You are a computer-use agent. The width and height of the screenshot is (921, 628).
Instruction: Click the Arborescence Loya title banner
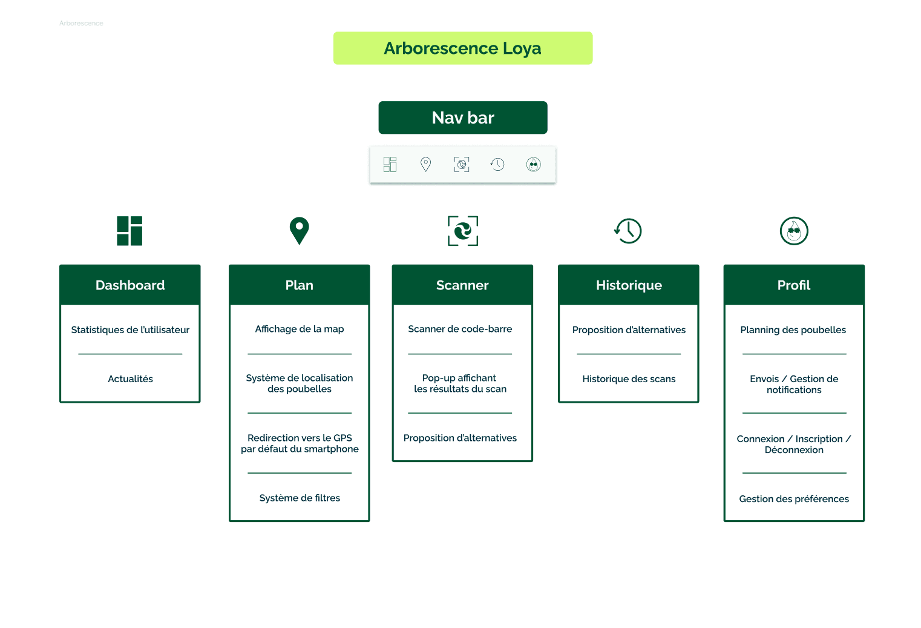[x=462, y=48]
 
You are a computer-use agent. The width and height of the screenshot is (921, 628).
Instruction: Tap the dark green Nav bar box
[x=463, y=117]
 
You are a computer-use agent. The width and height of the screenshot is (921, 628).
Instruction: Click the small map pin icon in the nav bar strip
[x=426, y=164]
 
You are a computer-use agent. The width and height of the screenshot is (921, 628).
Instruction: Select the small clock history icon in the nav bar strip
[x=497, y=164]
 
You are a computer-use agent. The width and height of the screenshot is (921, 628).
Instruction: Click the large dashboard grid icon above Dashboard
[x=129, y=231]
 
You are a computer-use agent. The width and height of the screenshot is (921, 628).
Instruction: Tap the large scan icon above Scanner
[x=463, y=231]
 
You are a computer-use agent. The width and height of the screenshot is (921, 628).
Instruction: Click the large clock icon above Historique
[x=628, y=231]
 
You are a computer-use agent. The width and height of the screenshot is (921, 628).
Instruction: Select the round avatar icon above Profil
[x=794, y=231]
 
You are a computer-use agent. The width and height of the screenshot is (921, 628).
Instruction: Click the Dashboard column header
[x=130, y=285]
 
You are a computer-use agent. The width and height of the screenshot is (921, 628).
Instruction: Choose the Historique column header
[x=629, y=285]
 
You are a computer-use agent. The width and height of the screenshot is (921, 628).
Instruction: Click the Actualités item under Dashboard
[x=130, y=379]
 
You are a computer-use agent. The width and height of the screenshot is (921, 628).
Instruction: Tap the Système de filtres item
[x=300, y=498]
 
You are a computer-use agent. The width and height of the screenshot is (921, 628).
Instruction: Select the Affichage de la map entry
[x=300, y=329]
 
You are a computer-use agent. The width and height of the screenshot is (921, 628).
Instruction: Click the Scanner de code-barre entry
[x=460, y=329]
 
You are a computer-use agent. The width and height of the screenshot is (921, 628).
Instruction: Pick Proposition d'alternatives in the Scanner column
[x=460, y=438]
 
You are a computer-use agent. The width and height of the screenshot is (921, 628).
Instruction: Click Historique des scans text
[x=629, y=379]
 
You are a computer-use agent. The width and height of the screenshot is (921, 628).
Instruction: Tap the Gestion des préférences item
[x=794, y=499]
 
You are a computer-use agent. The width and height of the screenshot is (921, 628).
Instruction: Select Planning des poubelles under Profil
[x=793, y=330]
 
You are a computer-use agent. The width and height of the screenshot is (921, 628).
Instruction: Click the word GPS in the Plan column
[x=343, y=438]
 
